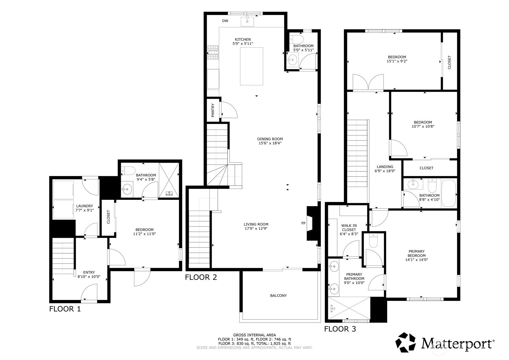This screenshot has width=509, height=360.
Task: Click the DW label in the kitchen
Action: point(225,21)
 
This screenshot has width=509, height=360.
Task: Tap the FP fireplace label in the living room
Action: point(303,223)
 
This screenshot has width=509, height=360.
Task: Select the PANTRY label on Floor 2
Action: point(213,110)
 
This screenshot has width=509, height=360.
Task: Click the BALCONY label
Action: point(278,296)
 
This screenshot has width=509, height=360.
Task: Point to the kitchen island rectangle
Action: point(252,66)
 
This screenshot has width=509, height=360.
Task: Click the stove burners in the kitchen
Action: point(213,52)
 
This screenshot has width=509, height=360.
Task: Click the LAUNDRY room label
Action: point(84,206)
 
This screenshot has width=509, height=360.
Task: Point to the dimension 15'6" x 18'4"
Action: point(270,143)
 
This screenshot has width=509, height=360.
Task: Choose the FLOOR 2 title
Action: point(201,277)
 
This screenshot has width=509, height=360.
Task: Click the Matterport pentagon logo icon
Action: point(406,342)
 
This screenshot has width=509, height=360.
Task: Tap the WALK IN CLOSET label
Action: point(349,228)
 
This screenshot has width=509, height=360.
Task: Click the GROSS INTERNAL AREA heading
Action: point(255,335)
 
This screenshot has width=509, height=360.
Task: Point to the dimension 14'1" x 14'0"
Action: point(417,259)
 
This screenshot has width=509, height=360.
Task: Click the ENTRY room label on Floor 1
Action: point(89,272)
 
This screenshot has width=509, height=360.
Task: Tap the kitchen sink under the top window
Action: point(247,21)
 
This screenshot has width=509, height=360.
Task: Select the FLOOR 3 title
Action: point(340,329)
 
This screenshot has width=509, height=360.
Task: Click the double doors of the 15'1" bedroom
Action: point(368,83)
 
